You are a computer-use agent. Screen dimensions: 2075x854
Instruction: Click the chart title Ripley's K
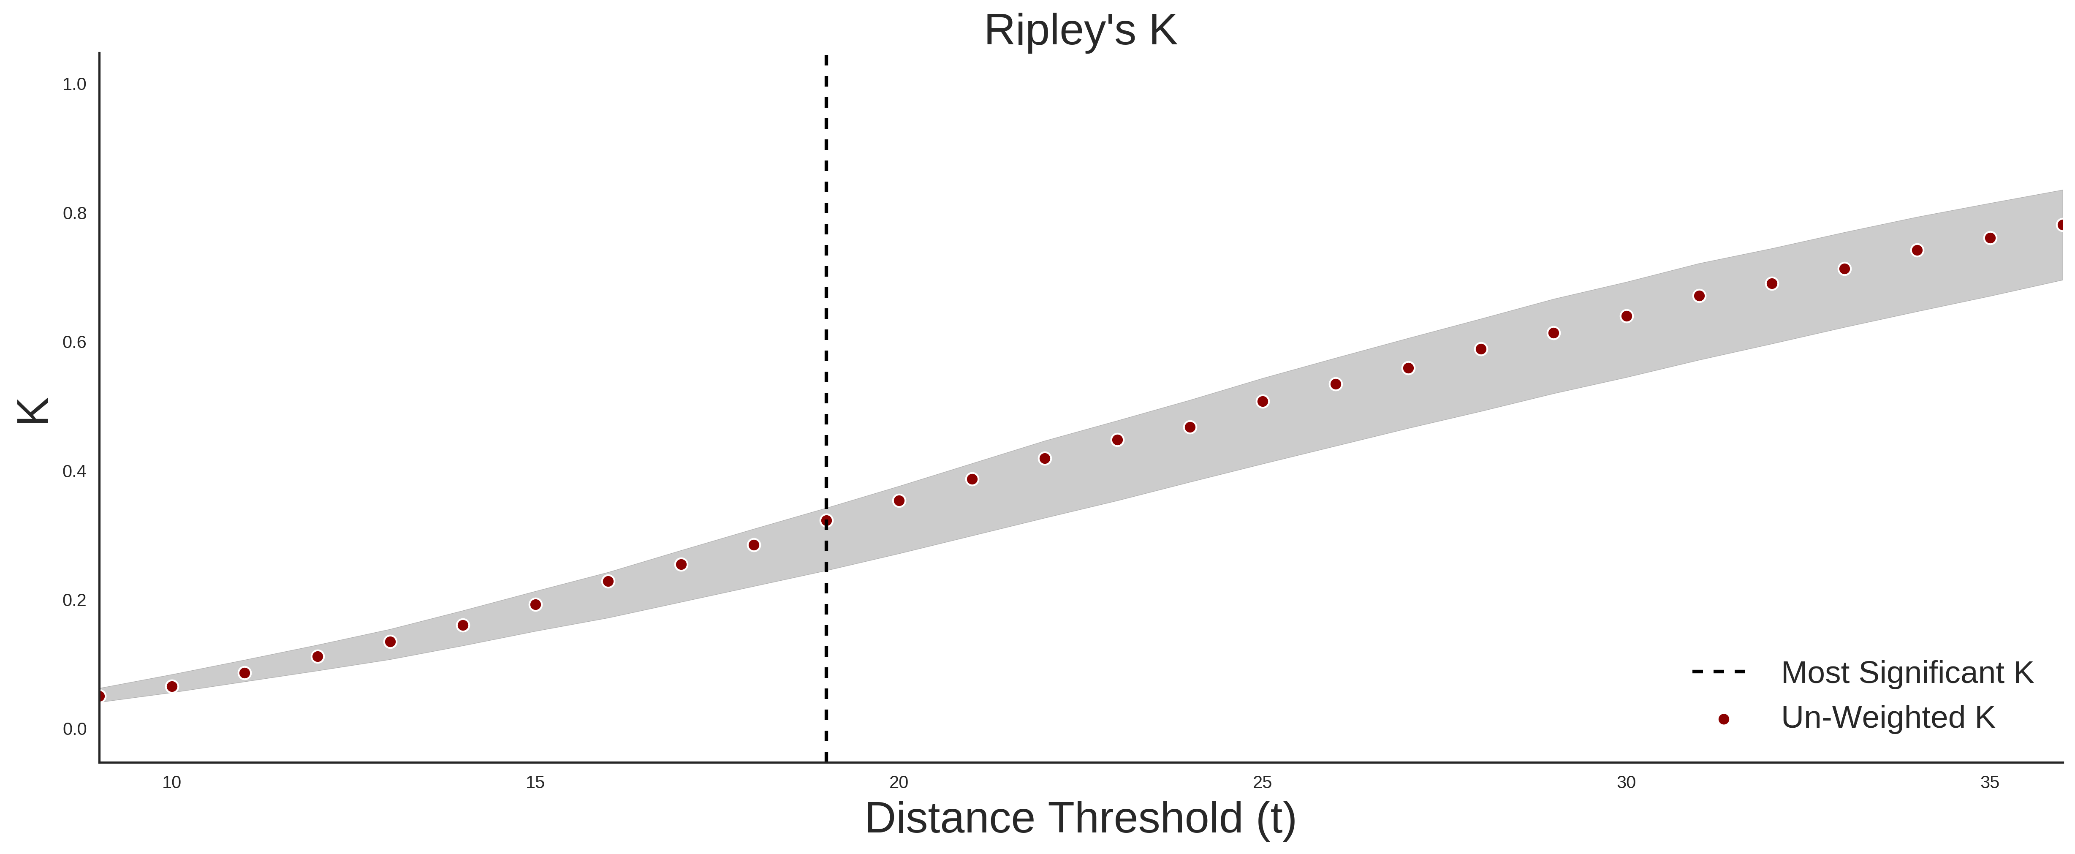[1080, 30]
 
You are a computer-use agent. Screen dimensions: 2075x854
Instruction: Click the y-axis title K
[33, 411]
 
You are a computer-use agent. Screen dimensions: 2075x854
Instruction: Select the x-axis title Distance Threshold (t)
[1080, 819]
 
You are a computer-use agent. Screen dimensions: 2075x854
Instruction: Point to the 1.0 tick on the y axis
[74, 84]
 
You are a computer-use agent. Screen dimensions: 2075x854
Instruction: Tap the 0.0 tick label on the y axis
[74, 729]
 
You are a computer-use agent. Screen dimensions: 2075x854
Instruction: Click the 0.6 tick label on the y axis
[74, 343]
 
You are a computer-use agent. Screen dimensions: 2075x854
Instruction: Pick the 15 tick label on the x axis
[535, 782]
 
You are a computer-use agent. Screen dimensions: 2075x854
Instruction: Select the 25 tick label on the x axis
[1262, 782]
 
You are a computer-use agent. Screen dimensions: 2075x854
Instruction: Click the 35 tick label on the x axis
[1990, 782]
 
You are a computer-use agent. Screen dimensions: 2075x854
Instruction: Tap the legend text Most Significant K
[1907, 673]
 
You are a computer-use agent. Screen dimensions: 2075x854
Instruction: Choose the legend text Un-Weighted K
[1888, 717]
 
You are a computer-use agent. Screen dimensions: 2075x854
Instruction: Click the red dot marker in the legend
[1723, 719]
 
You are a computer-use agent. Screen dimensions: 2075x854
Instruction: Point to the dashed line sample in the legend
[1719, 671]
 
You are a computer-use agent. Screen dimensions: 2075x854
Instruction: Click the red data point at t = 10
[171, 686]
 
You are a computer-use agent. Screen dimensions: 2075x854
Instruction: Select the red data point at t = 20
[899, 501]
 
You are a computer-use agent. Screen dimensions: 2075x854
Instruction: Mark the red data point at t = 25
[1262, 401]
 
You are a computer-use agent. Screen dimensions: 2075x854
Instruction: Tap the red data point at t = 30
[1626, 316]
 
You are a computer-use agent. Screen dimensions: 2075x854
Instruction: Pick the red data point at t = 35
[1990, 238]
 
